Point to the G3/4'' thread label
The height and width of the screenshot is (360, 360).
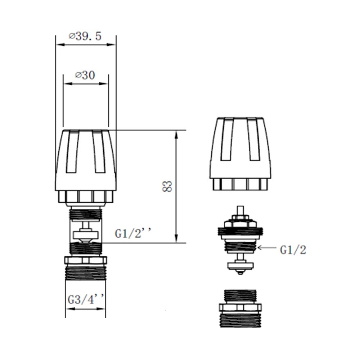86,300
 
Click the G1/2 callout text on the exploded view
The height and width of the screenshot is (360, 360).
293,250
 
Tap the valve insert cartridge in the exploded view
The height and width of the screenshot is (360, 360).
240,238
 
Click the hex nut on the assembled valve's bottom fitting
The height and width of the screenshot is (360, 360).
85,260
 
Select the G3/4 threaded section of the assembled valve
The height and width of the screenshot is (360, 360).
85,274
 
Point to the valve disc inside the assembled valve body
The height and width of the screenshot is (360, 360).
85,235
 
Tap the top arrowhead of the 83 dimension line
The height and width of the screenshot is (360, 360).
176,134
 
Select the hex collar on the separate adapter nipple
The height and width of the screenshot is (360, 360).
240,307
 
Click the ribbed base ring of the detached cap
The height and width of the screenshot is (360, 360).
240,184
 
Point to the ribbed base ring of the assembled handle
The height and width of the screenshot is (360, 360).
85,196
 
